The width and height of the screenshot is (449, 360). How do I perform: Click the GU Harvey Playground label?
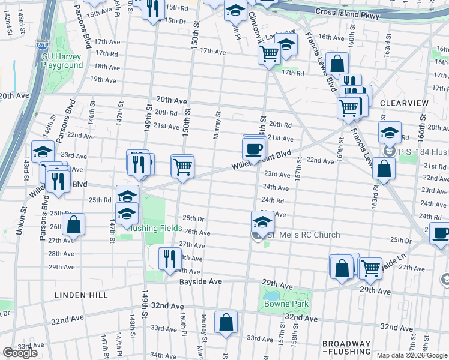pos(62,61)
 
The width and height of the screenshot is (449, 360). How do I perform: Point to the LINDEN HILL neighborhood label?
pos(81,295)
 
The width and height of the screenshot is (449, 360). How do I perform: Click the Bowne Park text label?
pos(286,304)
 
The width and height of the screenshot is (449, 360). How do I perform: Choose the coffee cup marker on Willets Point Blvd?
pos(254,149)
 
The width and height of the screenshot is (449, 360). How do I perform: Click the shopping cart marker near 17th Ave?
pos(269,53)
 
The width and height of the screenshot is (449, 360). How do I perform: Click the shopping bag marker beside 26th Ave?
pos(73,226)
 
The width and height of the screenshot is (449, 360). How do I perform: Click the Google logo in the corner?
pos(20,353)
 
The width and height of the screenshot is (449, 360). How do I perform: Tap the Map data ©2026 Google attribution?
pos(412,355)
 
